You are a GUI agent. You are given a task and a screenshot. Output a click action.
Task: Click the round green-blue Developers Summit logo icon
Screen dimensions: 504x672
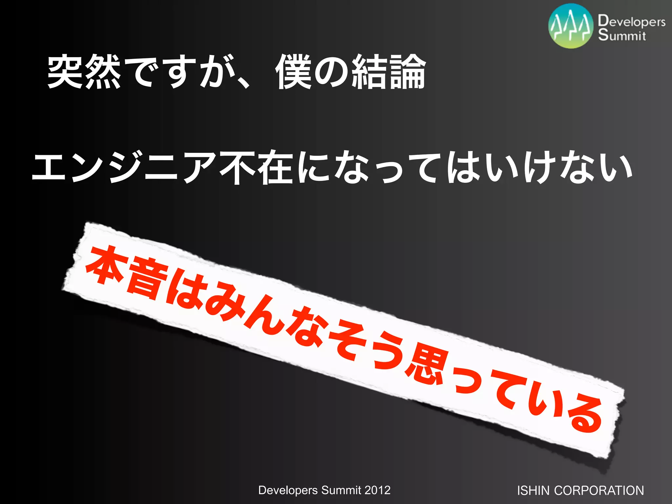click(571, 26)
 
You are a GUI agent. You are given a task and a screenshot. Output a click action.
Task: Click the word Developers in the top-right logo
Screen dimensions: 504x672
click(632, 22)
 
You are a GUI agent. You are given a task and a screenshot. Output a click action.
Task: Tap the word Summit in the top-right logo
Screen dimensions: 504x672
click(622, 35)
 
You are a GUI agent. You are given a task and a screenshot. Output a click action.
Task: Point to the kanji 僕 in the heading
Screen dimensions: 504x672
click(293, 72)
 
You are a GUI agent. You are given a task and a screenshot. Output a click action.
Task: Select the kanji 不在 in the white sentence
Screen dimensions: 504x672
click(256, 167)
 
